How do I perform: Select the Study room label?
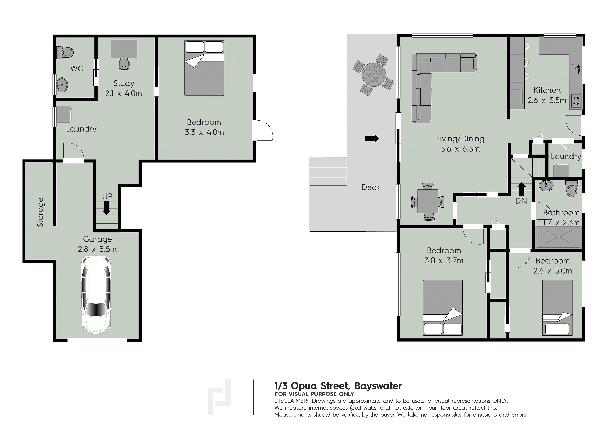pyautogui.click(x=124, y=83)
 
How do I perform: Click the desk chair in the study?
pyautogui.click(x=124, y=64)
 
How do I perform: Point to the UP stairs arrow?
pyautogui.click(x=107, y=208)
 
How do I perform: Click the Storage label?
pyautogui.click(x=40, y=212)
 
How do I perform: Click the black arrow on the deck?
pyautogui.click(x=372, y=138)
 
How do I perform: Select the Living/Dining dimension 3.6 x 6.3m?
pyautogui.click(x=460, y=149)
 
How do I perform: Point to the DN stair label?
pyautogui.click(x=521, y=201)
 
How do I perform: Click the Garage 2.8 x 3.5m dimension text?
pyautogui.click(x=97, y=249)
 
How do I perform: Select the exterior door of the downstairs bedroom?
pyautogui.click(x=262, y=130)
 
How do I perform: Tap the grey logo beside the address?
pyautogui.click(x=219, y=396)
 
